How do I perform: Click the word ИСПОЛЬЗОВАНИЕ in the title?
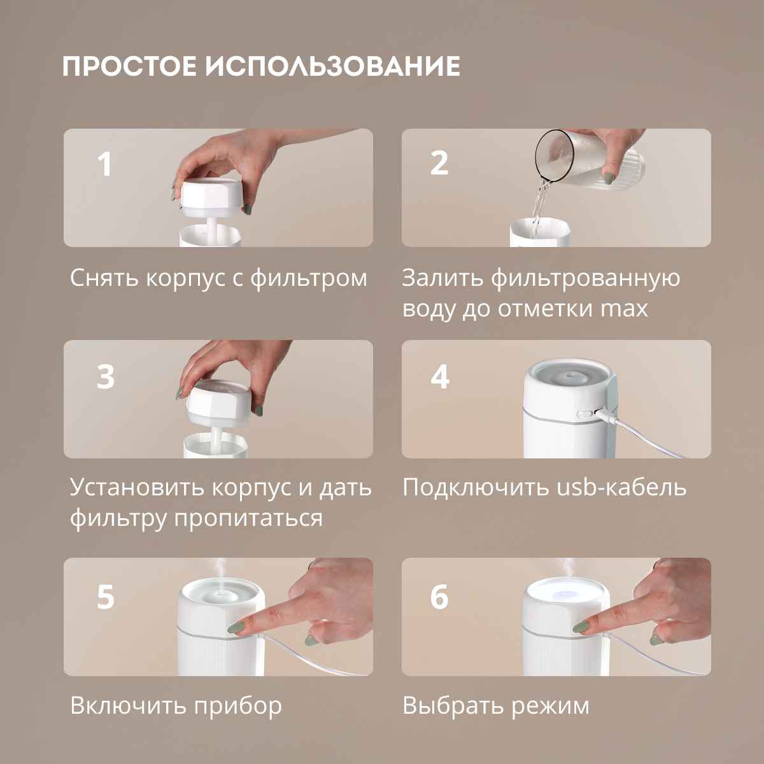click(x=333, y=66)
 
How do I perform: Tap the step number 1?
click(x=104, y=164)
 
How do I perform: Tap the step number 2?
click(x=439, y=163)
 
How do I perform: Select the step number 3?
click(x=106, y=376)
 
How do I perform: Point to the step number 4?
click(x=440, y=376)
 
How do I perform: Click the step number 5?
click(x=106, y=597)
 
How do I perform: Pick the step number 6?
click(x=439, y=597)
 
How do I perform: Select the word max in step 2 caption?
click(x=624, y=309)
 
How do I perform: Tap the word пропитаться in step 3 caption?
click(x=248, y=518)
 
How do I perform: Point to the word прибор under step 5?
click(x=237, y=706)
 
